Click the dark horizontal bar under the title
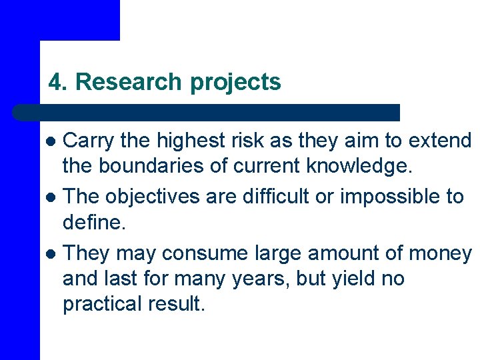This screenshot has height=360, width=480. pyautogui.click(x=207, y=112)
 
